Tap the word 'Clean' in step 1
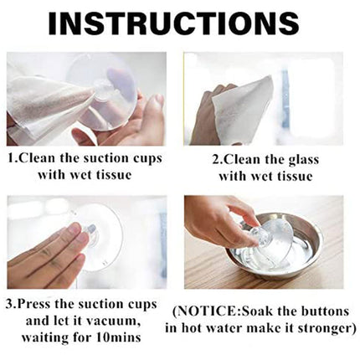click(36, 158)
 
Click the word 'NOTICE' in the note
click(208, 311)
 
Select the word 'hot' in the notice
click(191, 328)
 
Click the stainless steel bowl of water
click(275, 245)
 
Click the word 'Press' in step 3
click(33, 304)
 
